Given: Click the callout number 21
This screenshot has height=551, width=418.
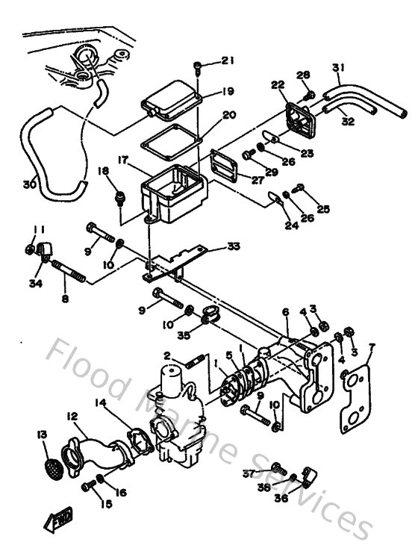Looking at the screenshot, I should point(228,60).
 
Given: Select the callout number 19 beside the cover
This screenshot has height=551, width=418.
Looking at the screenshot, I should point(228,92).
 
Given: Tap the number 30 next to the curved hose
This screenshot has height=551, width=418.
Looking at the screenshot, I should point(29,184).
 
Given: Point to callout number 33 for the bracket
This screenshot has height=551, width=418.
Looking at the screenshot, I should point(234,246).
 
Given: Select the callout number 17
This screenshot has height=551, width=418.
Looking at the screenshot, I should point(122,160).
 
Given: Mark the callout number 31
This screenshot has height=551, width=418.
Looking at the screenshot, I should point(338,69).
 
